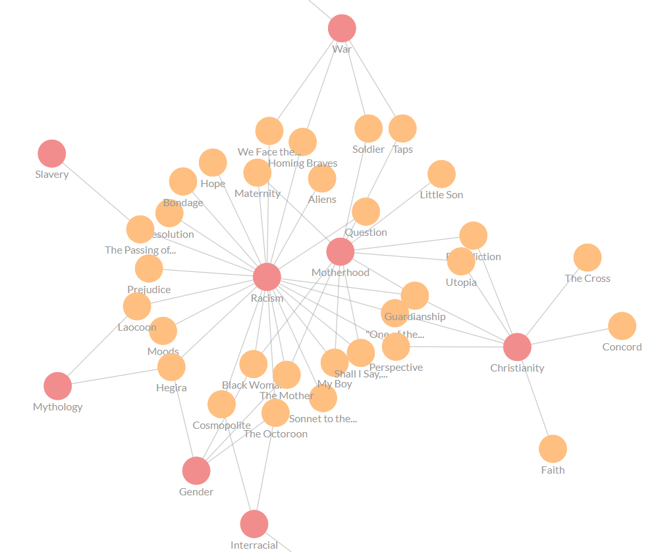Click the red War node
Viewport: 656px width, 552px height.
pos(342,28)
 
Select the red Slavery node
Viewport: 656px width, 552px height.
pos(51,153)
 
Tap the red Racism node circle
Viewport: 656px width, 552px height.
pos(267,277)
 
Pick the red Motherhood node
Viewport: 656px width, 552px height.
pos(340,252)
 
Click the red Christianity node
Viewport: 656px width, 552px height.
pos(517,347)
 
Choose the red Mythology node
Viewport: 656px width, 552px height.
pos(57,386)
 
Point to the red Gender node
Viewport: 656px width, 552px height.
pos(196,471)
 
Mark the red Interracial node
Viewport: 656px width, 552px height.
pos(254,524)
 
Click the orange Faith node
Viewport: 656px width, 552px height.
pos(553,449)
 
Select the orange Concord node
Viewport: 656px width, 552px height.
pos(622,326)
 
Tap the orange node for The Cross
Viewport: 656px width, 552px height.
pos(587,258)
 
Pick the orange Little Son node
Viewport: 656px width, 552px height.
pos(441,174)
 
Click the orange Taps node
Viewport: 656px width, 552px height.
pos(402,128)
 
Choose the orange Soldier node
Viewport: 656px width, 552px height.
pos(368,128)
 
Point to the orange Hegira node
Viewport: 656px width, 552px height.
pos(171,367)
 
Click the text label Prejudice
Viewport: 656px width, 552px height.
pos(149,290)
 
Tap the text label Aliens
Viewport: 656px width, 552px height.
pos(322,200)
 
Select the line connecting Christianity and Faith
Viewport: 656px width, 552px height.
pos(535,399)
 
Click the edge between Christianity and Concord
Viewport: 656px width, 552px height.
pos(570,337)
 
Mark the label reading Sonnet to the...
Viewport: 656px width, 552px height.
pos(323,419)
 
